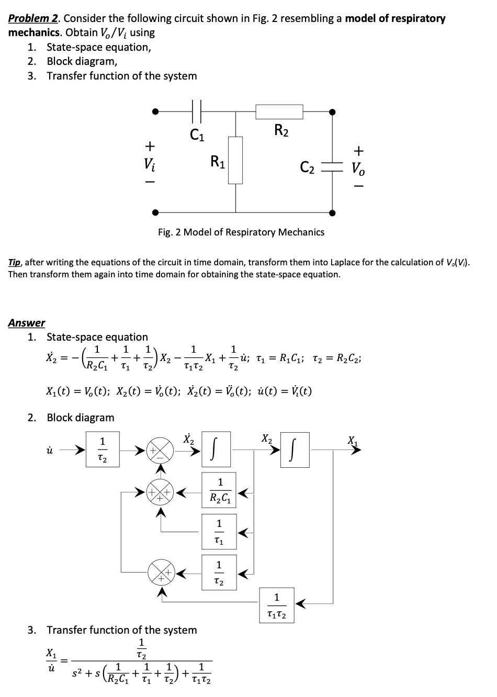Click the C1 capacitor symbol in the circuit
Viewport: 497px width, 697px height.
pyautogui.click(x=197, y=111)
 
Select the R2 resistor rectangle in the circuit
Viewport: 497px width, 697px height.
pyautogui.click(x=279, y=111)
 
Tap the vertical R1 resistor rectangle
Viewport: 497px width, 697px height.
pyautogui.click(x=235, y=160)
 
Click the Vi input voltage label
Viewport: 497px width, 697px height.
pyautogui.click(x=149, y=164)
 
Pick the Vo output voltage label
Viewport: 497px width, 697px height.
pyautogui.click(x=358, y=169)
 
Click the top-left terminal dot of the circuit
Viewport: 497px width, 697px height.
pyautogui.click(x=155, y=111)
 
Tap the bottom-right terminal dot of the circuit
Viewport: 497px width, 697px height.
pyautogui.click(x=332, y=213)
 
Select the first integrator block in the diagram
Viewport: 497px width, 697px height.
pyautogui.click(x=216, y=449)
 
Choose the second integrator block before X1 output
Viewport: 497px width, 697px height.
pyautogui.click(x=295, y=449)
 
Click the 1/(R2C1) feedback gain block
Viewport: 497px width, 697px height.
pyautogui.click(x=219, y=490)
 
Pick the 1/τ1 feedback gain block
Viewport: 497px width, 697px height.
pyautogui.click(x=219, y=532)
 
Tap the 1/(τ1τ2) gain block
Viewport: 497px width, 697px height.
pyautogui.click(x=277, y=605)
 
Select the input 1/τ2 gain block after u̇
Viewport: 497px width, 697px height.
pyautogui.click(x=103, y=449)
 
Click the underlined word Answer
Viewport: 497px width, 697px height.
pyautogui.click(x=27, y=323)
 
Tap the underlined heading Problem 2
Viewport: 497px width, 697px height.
pyautogui.click(x=33, y=18)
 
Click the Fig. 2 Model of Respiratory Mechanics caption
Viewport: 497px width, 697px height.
pyautogui.click(x=241, y=232)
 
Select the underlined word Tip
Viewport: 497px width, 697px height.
pyautogui.click(x=14, y=263)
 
